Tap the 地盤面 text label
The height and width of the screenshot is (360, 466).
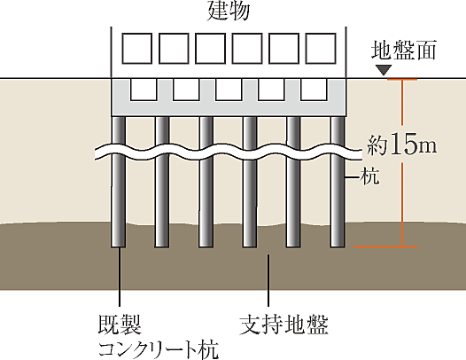click(404, 51)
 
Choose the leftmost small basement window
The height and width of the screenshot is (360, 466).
click(142, 90)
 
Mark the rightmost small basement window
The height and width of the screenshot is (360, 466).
click(314, 90)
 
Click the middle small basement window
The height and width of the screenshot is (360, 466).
click(228, 90)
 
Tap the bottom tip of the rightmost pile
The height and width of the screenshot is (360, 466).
click(337, 246)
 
